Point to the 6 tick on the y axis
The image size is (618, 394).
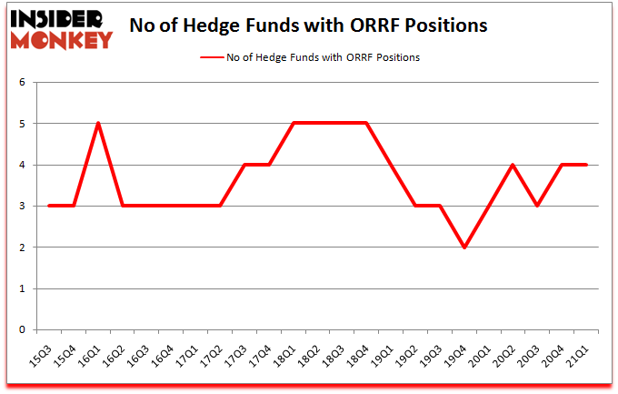[x=21, y=82]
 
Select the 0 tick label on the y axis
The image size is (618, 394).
[x=21, y=330]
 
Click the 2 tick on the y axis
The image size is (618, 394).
[x=21, y=248]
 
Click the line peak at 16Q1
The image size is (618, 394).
[x=97, y=123]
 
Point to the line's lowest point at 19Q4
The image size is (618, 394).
[x=464, y=248]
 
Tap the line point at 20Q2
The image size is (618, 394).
[x=513, y=165]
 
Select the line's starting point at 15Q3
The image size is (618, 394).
[x=48, y=206]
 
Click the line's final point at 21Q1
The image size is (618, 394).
[x=587, y=165]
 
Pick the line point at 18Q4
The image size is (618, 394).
[x=366, y=123]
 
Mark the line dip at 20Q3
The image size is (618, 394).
[x=538, y=206]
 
